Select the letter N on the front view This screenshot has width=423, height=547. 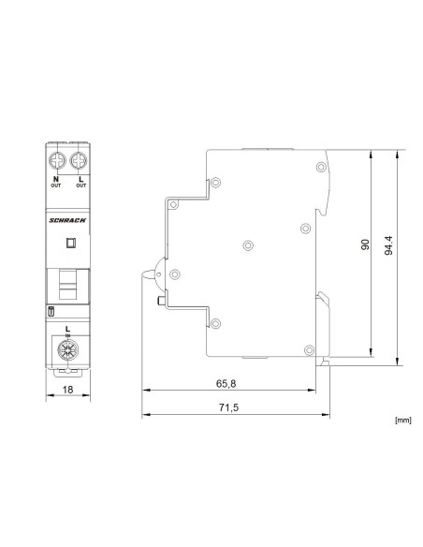point(56,178)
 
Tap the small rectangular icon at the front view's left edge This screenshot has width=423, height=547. point(51,310)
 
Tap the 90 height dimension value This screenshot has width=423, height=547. point(366,245)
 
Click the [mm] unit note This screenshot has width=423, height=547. point(403,421)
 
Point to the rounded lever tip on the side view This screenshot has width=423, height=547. point(149,274)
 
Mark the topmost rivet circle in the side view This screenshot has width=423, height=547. point(216,182)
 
